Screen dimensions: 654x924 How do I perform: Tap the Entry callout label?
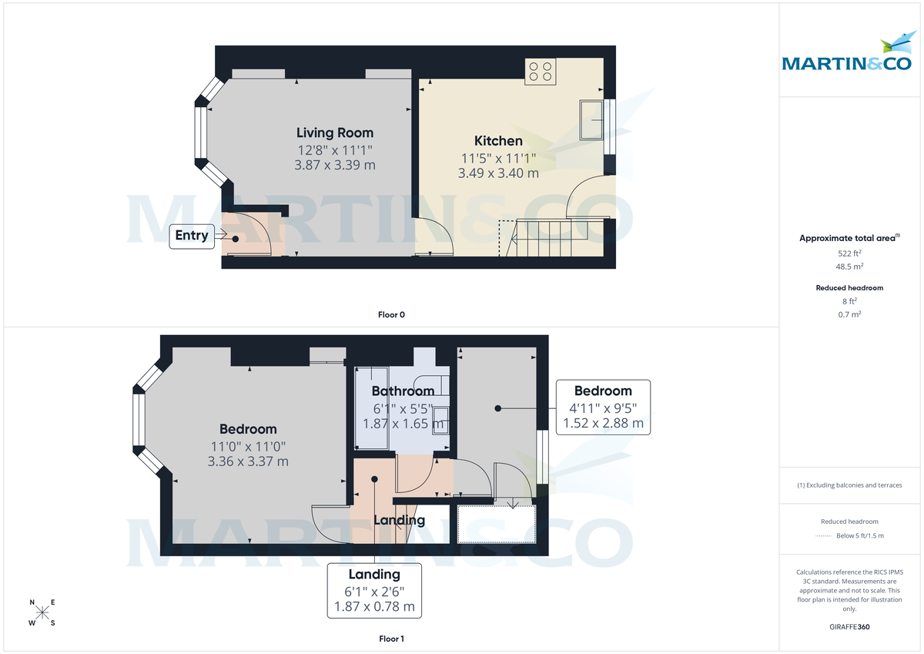[x=192, y=236]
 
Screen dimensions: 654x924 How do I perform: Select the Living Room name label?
[x=335, y=132]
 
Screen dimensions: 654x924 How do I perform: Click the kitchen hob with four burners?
[x=541, y=72]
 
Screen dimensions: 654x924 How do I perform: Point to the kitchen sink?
[x=593, y=119]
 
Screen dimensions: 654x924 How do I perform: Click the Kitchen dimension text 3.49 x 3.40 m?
[x=498, y=173]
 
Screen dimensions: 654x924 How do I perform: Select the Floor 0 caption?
[x=391, y=314]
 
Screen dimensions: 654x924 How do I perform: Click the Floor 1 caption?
[x=391, y=639]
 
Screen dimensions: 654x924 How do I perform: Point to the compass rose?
[x=42, y=612]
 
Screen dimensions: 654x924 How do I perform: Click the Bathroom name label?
[x=403, y=391]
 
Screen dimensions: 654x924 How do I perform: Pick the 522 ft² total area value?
[x=849, y=253]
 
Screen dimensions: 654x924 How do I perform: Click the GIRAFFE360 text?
[x=849, y=627]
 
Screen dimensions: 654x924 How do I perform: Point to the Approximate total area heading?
[x=849, y=238]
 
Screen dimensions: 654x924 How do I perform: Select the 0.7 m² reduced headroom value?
[x=849, y=314]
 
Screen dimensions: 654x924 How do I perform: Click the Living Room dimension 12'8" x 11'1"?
[x=335, y=149]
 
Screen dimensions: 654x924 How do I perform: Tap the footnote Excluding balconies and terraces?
[x=849, y=485]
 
